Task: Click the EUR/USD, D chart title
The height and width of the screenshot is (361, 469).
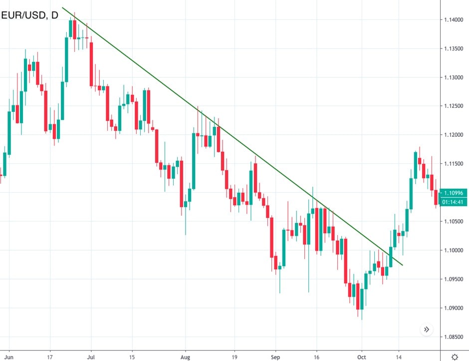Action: pos(29,15)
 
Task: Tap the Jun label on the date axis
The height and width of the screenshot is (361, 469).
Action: pos(9,358)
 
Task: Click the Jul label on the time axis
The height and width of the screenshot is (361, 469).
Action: pos(91,358)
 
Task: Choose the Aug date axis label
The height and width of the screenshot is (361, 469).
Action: pos(185,358)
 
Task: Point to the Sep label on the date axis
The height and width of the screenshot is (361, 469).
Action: pos(275,358)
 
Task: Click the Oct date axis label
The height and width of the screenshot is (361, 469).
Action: pos(361,358)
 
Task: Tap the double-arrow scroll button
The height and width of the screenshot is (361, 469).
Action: pos(427,330)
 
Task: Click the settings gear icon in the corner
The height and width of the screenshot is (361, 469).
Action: pos(455,357)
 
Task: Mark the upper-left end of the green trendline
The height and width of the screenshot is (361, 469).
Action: pos(62,7)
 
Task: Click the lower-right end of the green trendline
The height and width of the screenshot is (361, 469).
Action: pos(402,265)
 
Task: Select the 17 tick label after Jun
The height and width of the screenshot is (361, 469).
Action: pos(50,358)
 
